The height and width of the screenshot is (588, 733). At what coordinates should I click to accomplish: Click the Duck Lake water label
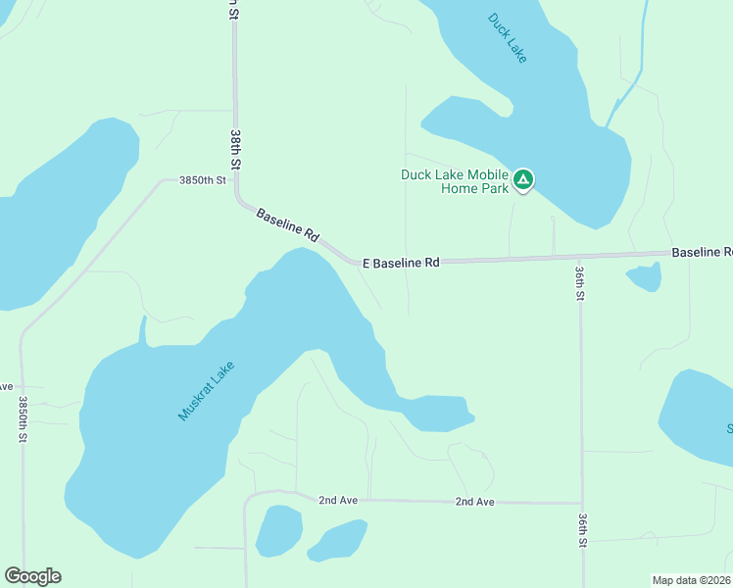point(508,38)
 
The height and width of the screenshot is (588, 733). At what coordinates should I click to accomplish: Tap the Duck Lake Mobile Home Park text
point(455,181)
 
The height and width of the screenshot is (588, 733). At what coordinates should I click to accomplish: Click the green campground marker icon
point(524,179)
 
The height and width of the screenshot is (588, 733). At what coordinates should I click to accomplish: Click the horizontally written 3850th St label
point(202,180)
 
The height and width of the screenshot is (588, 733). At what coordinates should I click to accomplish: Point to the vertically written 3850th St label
point(22,419)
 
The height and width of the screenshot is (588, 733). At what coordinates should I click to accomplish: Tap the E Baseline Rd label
point(401,263)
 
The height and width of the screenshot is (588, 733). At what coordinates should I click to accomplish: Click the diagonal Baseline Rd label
point(288,224)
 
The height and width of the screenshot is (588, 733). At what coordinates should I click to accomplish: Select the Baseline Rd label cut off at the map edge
point(702,253)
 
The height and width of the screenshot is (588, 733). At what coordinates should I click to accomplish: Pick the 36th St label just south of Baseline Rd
point(580,282)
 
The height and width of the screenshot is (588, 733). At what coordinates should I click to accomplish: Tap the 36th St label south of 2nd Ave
point(582,528)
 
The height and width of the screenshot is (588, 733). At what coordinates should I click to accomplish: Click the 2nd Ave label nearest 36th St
point(474,502)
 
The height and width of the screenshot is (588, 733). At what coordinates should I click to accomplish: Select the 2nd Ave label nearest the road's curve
point(338,500)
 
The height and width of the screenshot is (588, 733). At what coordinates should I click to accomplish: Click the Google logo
point(32,576)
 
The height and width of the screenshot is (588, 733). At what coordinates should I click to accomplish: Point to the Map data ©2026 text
point(691,580)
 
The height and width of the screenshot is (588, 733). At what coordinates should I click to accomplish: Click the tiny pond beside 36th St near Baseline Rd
point(644,278)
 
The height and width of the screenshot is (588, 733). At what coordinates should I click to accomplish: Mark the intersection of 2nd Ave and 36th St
point(582,503)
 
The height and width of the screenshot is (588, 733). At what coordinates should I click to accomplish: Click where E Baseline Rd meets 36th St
point(580,257)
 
